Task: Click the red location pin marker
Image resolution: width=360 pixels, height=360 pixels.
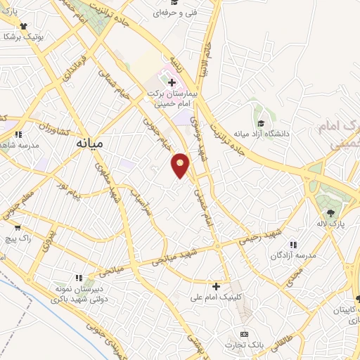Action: tap(181, 165)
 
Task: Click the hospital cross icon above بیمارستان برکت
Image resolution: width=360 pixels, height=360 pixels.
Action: tap(172, 82)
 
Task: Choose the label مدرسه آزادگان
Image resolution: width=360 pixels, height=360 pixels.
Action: tap(290, 256)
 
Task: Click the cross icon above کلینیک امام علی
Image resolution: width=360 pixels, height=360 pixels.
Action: tap(217, 285)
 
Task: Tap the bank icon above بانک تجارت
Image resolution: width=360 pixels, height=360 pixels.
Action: tap(244, 333)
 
